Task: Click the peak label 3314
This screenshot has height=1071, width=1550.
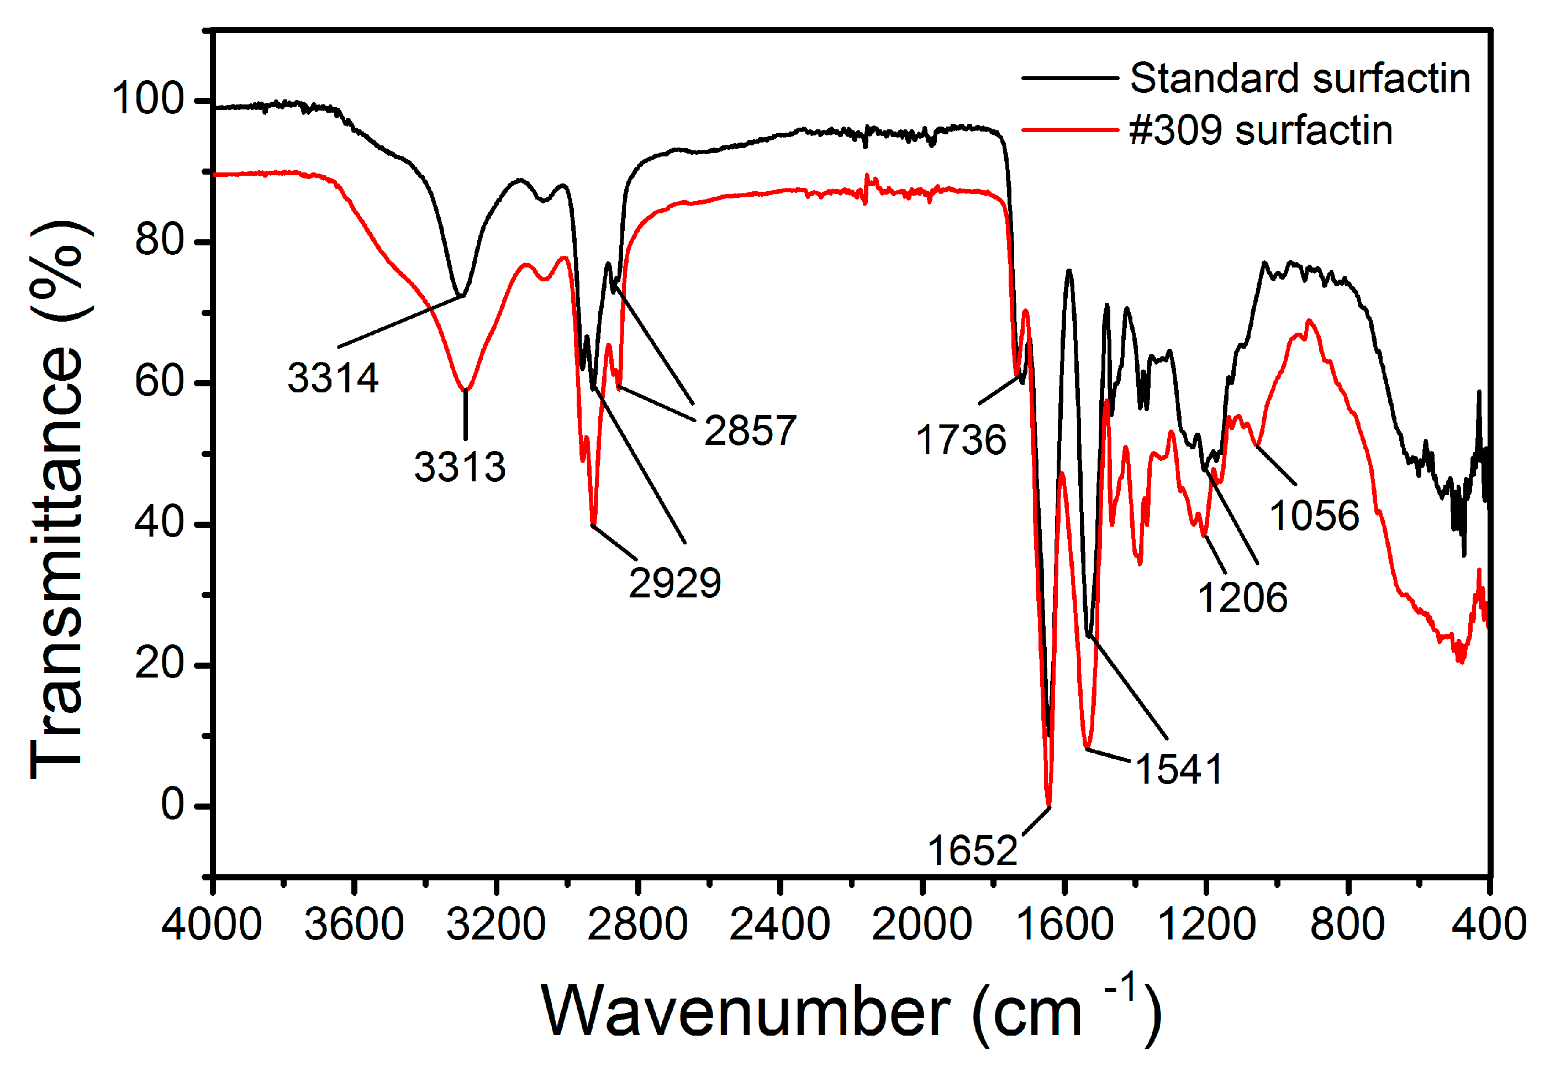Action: (333, 378)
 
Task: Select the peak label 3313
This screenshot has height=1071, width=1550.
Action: (460, 467)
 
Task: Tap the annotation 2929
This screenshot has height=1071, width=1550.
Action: (674, 582)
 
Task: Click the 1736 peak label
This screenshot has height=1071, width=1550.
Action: (961, 440)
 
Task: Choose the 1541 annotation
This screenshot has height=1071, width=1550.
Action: (1178, 769)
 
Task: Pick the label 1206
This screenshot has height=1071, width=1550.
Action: (1242, 597)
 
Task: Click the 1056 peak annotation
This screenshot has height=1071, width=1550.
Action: (1314, 516)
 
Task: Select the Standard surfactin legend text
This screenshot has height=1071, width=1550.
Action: (1300, 78)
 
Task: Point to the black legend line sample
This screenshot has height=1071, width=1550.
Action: (1069, 78)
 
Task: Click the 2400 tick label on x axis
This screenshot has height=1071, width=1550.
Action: (779, 925)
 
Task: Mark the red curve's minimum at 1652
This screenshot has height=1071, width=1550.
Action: (1048, 804)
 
